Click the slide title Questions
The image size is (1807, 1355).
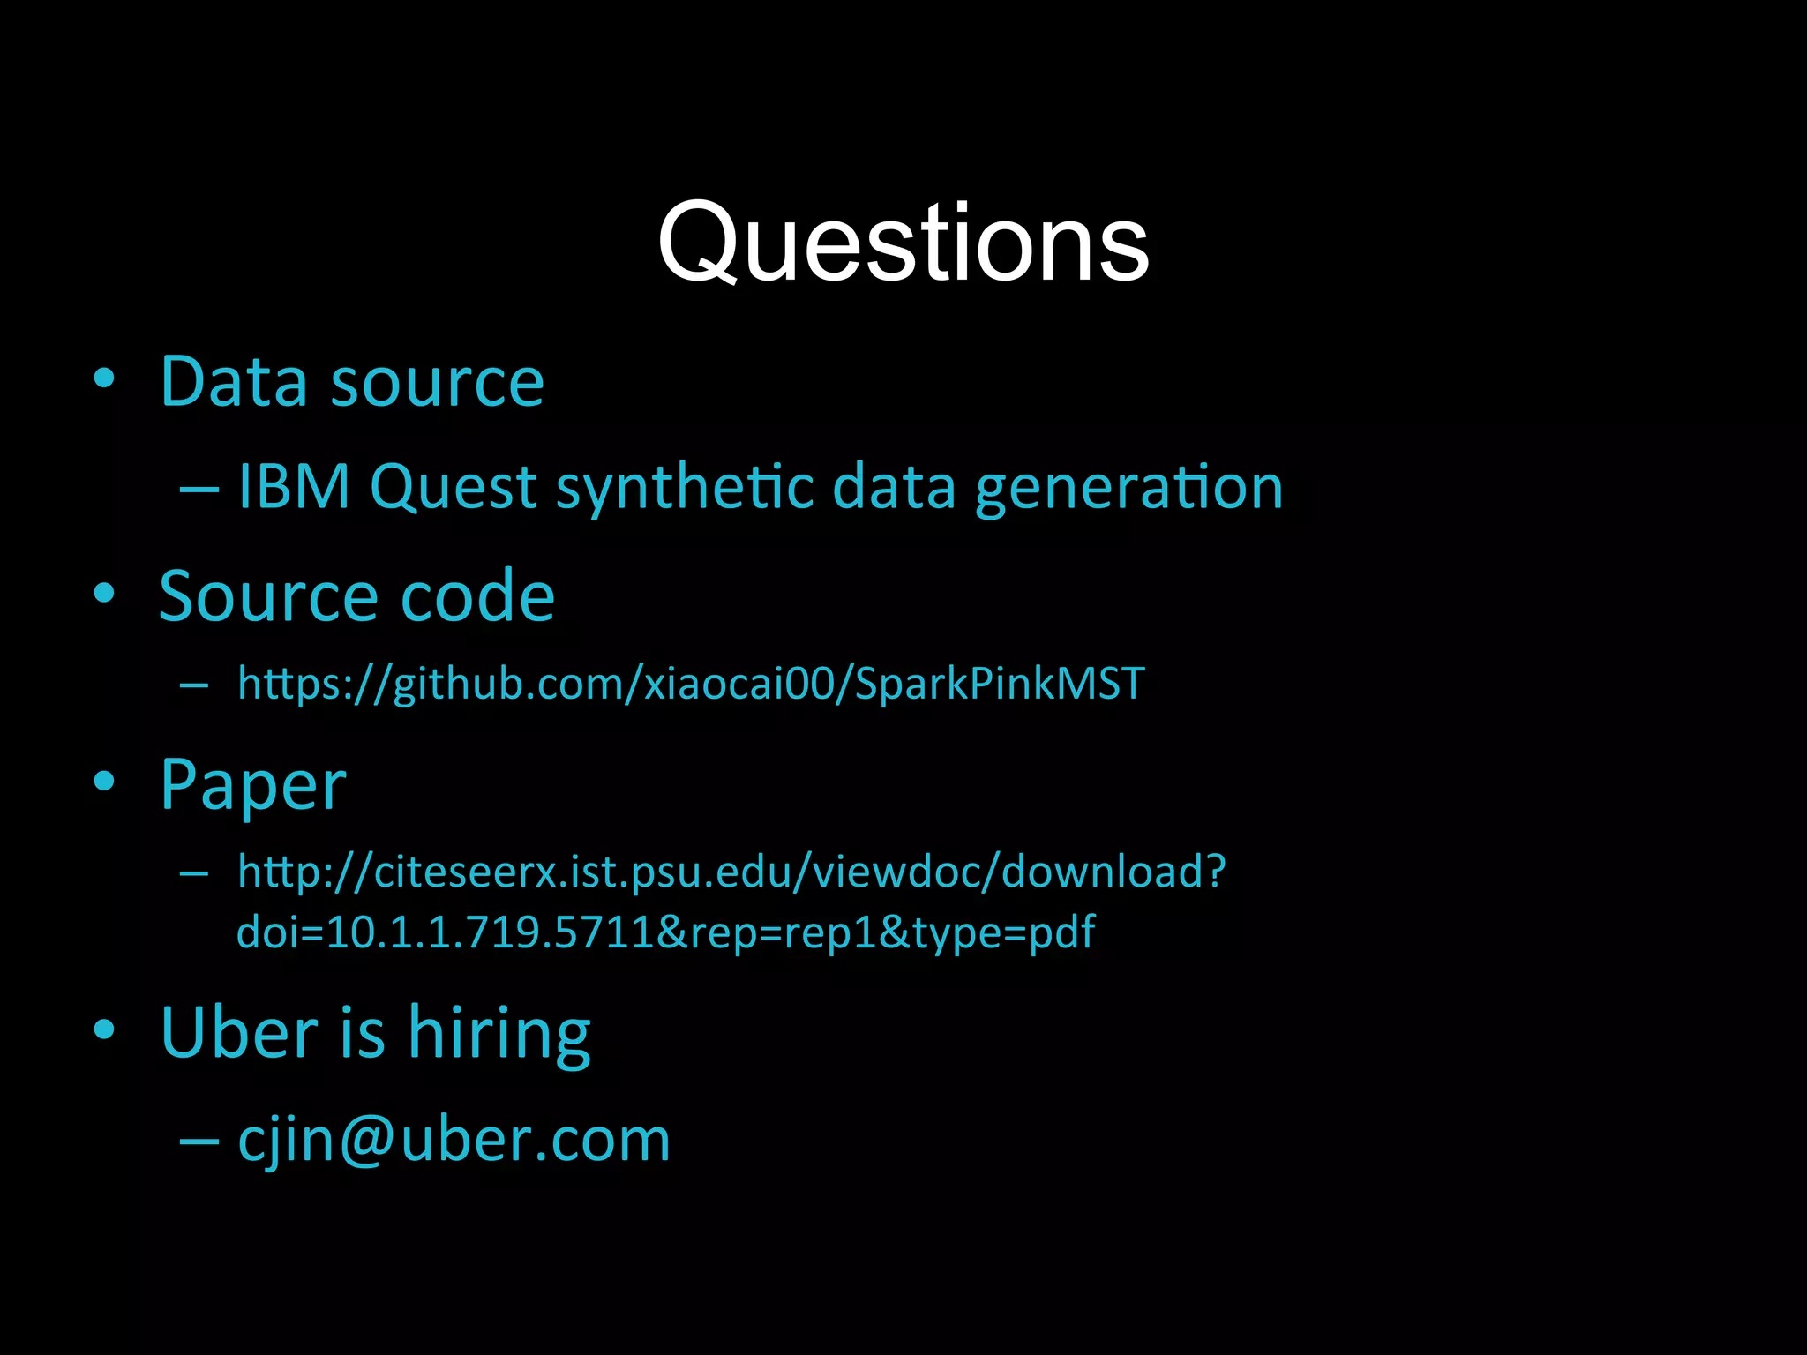[x=903, y=243]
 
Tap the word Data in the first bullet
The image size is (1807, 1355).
[x=234, y=382]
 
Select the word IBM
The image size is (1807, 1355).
[x=294, y=486]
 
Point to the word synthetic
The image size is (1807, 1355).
[x=684, y=488]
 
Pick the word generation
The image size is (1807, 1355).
[x=1128, y=488]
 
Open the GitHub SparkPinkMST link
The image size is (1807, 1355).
[x=691, y=684]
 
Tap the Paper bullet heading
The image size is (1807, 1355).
[x=253, y=784]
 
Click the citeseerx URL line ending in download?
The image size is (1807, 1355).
[x=731, y=872]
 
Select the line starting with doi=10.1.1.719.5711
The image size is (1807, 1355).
[x=665, y=932]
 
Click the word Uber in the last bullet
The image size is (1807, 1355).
[x=239, y=1032]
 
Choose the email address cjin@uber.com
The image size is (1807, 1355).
[x=454, y=1140]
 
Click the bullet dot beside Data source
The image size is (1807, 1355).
[x=104, y=379]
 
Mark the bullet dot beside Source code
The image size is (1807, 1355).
[x=104, y=594]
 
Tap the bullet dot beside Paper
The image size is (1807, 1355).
[x=104, y=781]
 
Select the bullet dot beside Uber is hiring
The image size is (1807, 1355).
[x=104, y=1029]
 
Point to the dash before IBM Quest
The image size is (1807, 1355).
[x=199, y=488]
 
